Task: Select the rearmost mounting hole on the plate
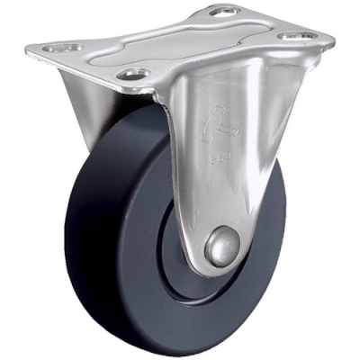point(219,12)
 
